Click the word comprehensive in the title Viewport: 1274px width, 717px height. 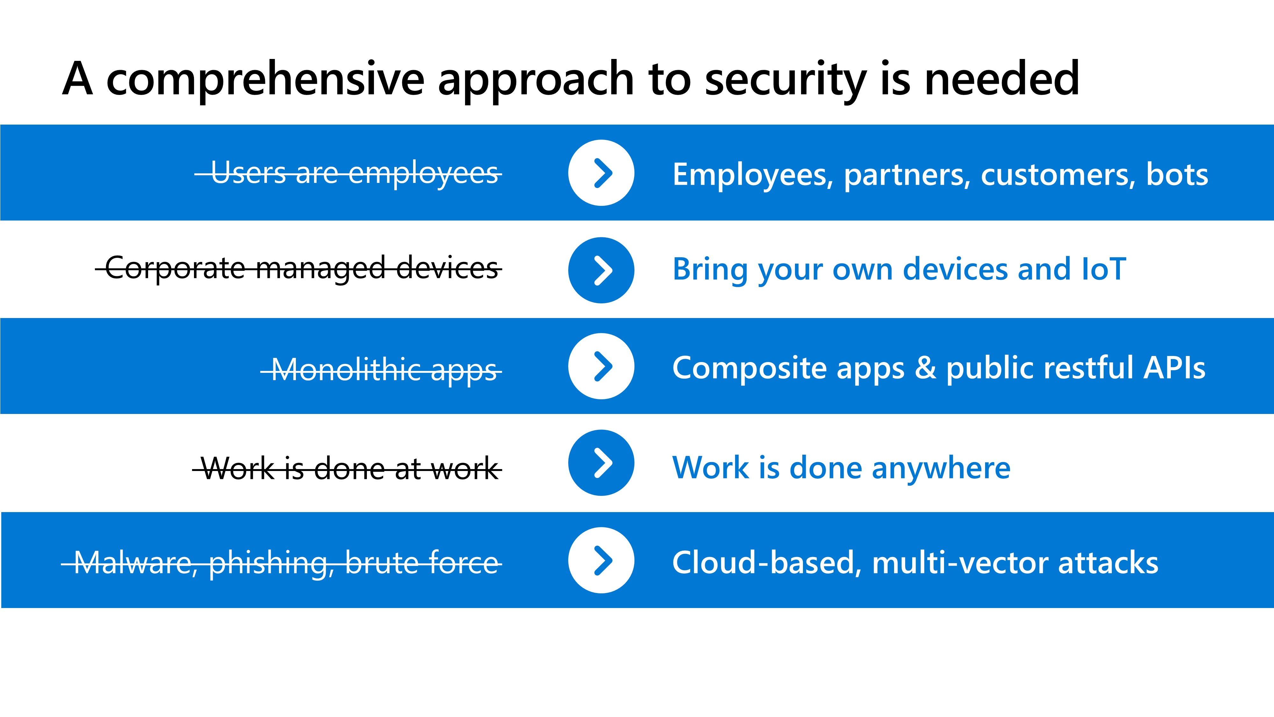(266, 79)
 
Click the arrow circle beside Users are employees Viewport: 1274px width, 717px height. (601, 173)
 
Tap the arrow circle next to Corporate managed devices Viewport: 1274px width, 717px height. (601, 270)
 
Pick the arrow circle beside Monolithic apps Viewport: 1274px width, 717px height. (601, 366)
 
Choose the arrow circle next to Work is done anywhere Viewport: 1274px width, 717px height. (601, 463)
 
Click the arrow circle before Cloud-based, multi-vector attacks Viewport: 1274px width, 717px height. (601, 560)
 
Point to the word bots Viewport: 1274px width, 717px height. (1177, 174)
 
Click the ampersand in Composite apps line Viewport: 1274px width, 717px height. (925, 368)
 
